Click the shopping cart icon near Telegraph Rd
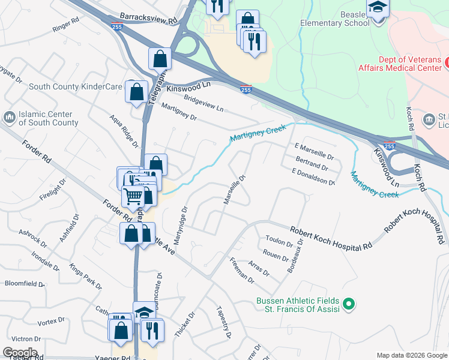coord(133,196)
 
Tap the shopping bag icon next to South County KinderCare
coord(136,92)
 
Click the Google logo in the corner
coord(20,353)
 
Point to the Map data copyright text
coord(411,355)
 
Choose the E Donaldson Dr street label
coord(312,176)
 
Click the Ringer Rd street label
coord(66,25)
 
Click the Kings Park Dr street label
coord(85,276)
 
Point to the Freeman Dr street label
coord(243,271)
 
